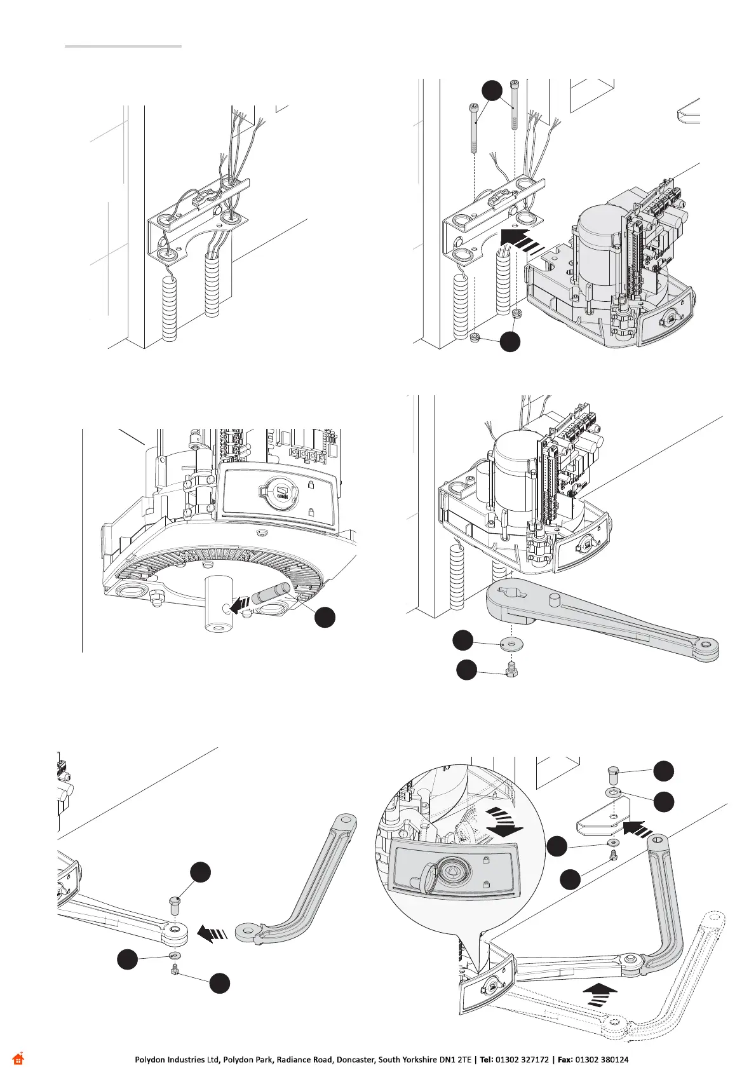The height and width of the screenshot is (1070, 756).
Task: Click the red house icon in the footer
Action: pyautogui.click(x=18, y=1059)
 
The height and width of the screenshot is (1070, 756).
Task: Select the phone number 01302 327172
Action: pyautogui.click(x=523, y=1060)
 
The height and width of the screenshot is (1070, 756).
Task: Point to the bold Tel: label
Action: pyautogui.click(x=487, y=1060)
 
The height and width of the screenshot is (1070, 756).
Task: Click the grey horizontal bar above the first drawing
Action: pyautogui.click(x=123, y=46)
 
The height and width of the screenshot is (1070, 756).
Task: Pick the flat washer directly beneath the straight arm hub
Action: pyautogui.click(x=508, y=643)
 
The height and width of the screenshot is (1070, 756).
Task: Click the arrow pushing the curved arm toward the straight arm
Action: pyautogui.click(x=212, y=933)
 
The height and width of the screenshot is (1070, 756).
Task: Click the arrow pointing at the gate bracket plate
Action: pyautogui.click(x=637, y=827)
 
